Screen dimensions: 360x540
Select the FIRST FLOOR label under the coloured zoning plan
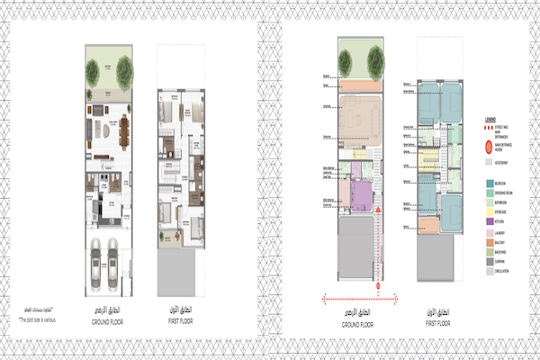(x=438, y=327)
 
